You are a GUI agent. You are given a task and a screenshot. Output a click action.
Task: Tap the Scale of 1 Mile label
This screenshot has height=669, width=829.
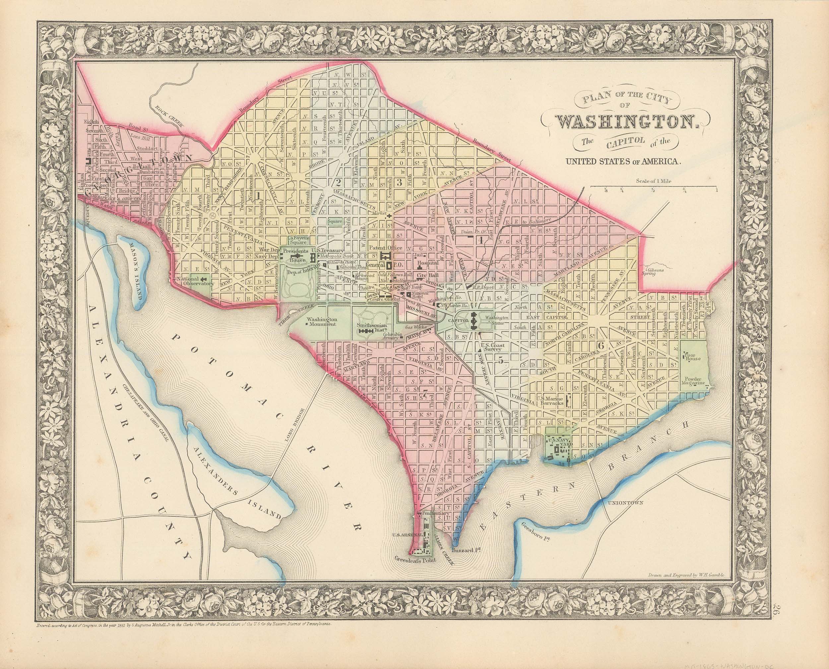pos(654,180)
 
